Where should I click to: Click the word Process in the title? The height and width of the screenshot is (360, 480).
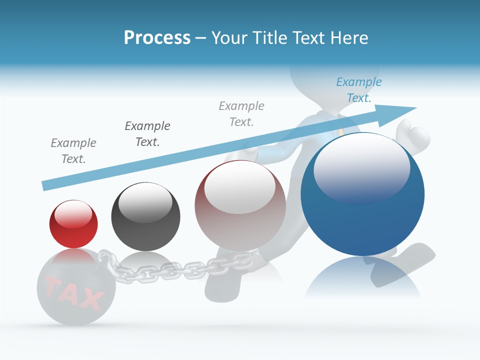pos(157,37)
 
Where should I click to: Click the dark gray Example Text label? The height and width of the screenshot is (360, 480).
pos(147,133)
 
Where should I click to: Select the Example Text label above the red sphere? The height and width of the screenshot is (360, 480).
pos(73,150)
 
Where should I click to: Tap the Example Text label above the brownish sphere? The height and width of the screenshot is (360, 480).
pos(241,113)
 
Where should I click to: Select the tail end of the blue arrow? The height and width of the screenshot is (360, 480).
pos(47,185)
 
